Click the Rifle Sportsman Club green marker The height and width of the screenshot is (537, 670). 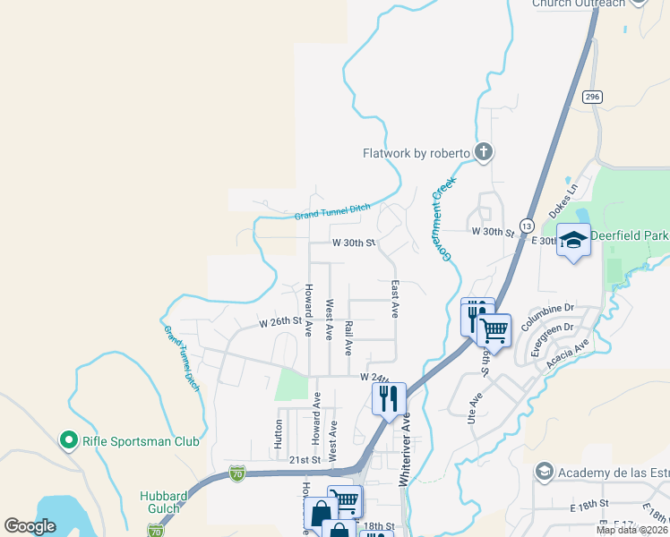pyautogui.click(x=68, y=440)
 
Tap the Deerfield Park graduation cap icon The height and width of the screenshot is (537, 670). pyautogui.click(x=573, y=240)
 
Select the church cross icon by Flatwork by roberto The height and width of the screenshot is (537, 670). pyautogui.click(x=484, y=152)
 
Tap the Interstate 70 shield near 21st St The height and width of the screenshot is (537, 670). pyautogui.click(x=236, y=471)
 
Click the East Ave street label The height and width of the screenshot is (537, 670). pyautogui.click(x=395, y=299)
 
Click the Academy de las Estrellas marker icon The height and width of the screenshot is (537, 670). pyautogui.click(x=544, y=471)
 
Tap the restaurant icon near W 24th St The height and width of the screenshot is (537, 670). pyautogui.click(x=389, y=398)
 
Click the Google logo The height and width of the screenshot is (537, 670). pyautogui.click(x=30, y=526)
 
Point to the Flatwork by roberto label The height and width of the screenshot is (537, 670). pyautogui.click(x=416, y=153)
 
